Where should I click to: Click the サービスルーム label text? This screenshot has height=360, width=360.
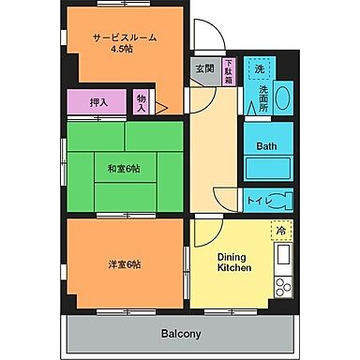tap(124, 37)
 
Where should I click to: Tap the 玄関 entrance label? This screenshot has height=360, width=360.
tap(203, 68)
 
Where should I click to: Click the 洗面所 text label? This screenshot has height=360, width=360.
tap(263, 98)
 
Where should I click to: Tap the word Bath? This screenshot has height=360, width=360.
tap(267, 146)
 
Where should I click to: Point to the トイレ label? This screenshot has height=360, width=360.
tap(255, 199)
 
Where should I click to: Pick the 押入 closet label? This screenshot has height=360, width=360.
tap(98, 102)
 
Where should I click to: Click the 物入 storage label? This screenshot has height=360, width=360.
tap(141, 101)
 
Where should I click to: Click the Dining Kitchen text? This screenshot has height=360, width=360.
tap(233, 262)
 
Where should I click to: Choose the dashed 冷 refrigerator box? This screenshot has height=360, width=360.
tap(279, 230)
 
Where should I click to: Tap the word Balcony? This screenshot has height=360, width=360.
tap(181, 334)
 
